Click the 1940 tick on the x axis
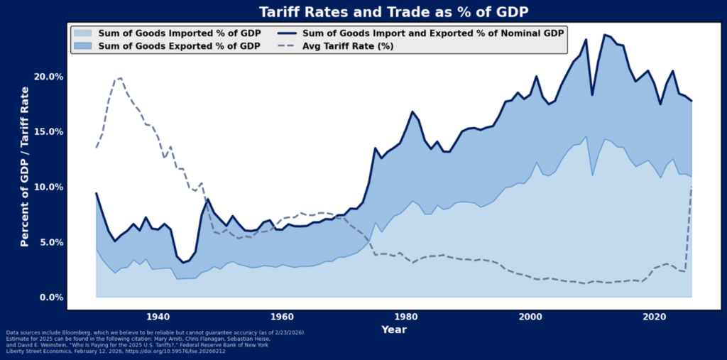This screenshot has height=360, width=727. pos(158,317)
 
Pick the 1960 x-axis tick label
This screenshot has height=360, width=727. pos(282,317)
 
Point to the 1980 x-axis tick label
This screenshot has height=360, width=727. pos(406,317)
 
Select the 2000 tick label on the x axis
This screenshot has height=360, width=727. pos(530,317)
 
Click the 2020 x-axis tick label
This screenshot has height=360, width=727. pos(655,317)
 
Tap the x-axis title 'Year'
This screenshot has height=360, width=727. pos(393,329)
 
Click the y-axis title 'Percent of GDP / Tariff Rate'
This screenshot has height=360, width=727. pos(25,166)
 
